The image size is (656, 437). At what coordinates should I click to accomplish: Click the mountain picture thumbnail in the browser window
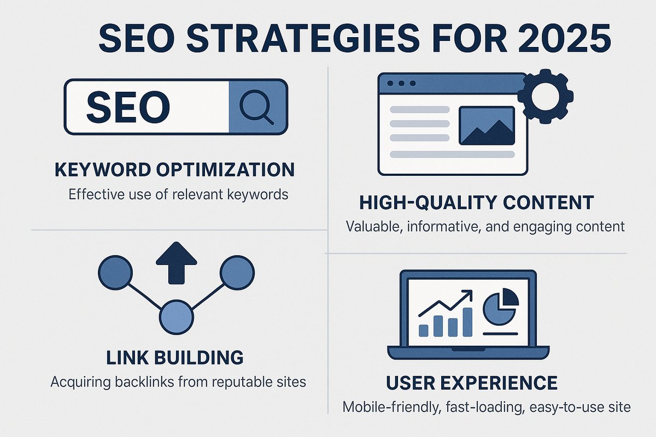486,126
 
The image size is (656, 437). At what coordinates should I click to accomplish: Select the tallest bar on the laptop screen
468,322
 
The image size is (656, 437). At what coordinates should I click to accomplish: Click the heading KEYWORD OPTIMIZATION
175,169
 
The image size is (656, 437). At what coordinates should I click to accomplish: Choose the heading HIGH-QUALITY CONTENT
476,203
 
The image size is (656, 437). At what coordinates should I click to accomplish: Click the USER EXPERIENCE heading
472,383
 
